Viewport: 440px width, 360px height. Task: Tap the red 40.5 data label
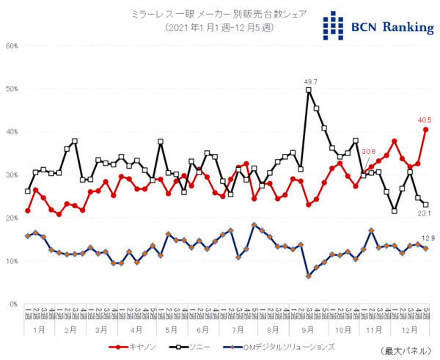(425, 120)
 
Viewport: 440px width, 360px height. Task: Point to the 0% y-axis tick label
(13, 304)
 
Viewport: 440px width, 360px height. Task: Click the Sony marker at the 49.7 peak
(309, 90)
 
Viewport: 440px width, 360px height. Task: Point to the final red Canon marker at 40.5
(426, 130)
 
